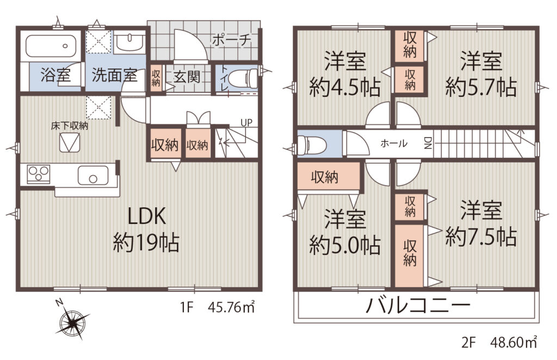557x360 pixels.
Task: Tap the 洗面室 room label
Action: click(114, 75)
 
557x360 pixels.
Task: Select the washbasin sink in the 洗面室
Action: click(129, 44)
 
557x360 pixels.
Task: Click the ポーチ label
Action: click(232, 40)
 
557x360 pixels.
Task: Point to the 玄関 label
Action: click(187, 76)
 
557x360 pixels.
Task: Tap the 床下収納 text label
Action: click(70, 126)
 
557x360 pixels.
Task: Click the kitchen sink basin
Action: click(93, 175)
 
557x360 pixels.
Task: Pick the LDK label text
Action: click(147, 216)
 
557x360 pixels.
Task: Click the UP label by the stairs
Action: click(246, 123)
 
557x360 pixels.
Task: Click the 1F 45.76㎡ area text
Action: click(218, 307)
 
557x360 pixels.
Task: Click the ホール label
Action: click(394, 144)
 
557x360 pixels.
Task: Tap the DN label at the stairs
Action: click(428, 143)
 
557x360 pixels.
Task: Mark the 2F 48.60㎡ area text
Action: click(499, 343)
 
